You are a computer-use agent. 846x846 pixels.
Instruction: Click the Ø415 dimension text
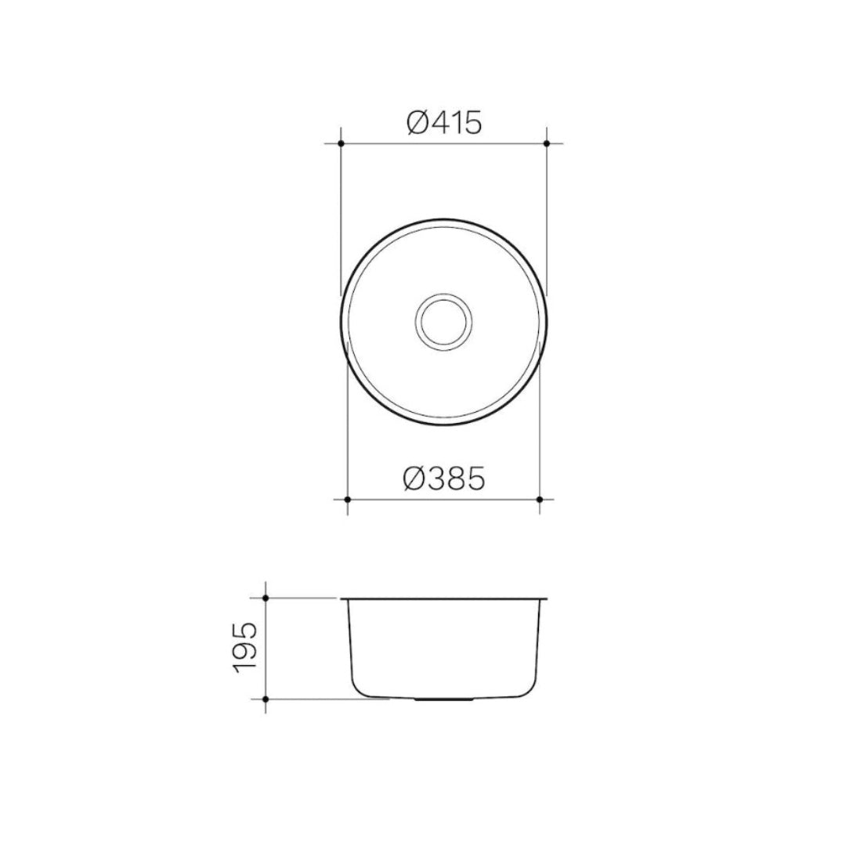(443, 122)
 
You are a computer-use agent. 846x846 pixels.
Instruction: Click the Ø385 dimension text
(443, 478)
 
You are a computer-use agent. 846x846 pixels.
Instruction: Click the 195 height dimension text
(245, 648)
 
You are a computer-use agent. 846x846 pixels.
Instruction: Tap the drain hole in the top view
(443, 321)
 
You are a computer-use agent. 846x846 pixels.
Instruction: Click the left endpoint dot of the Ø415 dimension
(341, 143)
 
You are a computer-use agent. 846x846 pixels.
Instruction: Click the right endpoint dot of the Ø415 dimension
(546, 143)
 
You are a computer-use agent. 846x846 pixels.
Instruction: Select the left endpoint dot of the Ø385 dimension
(347, 499)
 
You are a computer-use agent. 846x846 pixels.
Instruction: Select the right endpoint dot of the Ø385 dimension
(540, 499)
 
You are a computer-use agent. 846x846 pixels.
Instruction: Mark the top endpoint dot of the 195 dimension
(266, 598)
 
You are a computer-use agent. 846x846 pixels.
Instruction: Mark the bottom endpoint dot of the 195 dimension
(266, 698)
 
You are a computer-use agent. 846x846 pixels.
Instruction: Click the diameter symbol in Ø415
(418, 122)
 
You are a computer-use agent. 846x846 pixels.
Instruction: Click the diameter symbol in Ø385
(416, 478)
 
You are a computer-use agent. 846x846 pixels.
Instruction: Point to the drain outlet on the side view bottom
(443, 697)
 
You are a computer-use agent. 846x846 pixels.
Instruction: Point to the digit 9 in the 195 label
(245, 648)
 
